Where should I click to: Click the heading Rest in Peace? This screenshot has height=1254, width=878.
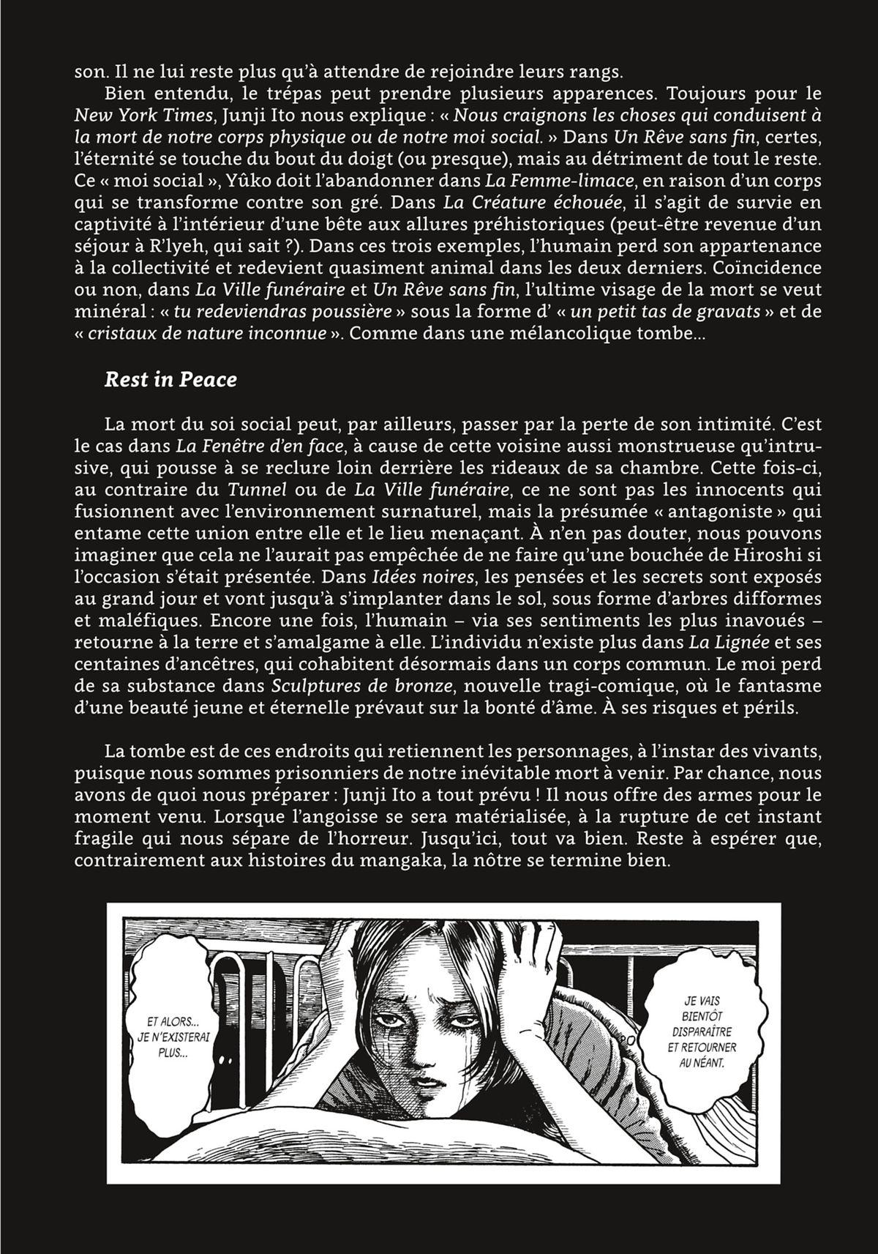click(170, 380)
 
